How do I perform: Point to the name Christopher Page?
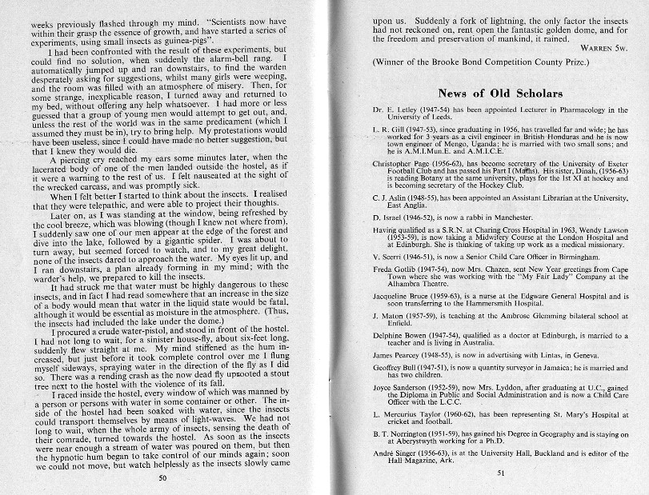pyautogui.click(x=401, y=162)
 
